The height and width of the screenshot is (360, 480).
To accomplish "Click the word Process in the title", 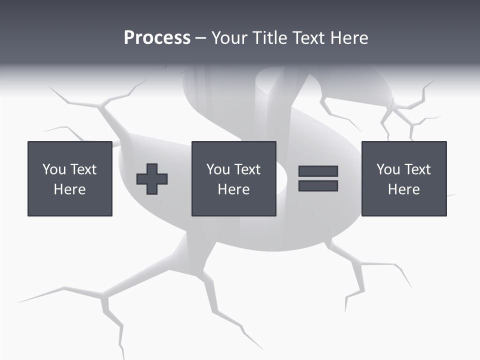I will click(157, 38).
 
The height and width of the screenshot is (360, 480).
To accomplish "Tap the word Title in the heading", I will click(270, 38).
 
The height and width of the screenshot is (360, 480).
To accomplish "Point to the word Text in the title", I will click(309, 38).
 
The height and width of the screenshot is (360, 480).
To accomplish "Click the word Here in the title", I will click(349, 38).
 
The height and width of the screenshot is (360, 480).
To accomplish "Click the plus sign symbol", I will click(152, 178).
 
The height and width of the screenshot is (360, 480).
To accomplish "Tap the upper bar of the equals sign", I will click(318, 171).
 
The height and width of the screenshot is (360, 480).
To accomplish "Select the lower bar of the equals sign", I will click(318, 185).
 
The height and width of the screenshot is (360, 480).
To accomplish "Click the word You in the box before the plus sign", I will click(54, 169).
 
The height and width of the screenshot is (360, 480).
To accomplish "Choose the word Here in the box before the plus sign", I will click(69, 189).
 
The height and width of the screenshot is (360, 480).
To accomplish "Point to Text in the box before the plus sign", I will click(83, 169).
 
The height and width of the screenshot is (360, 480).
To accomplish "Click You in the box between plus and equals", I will click(218, 169).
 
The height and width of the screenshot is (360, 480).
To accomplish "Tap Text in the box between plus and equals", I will click(247, 169).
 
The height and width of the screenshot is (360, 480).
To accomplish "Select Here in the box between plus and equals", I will click(233, 189).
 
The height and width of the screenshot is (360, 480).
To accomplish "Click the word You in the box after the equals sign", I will click(388, 169).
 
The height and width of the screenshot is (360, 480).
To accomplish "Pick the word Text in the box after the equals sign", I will click(417, 169).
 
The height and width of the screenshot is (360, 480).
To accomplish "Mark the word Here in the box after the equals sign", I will click(403, 189).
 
